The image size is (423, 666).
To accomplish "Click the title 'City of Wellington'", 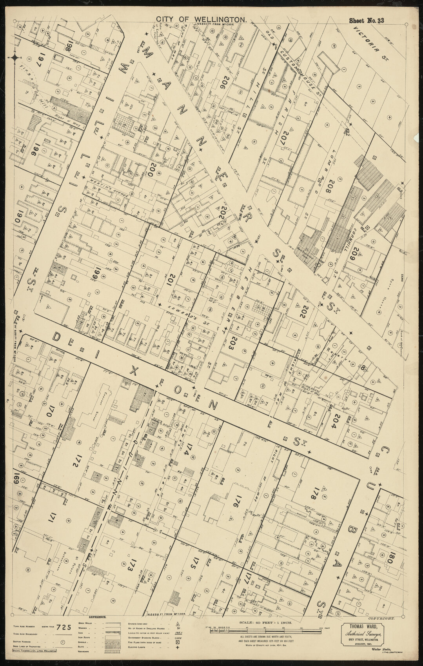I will pyautogui.click(x=202, y=18).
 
